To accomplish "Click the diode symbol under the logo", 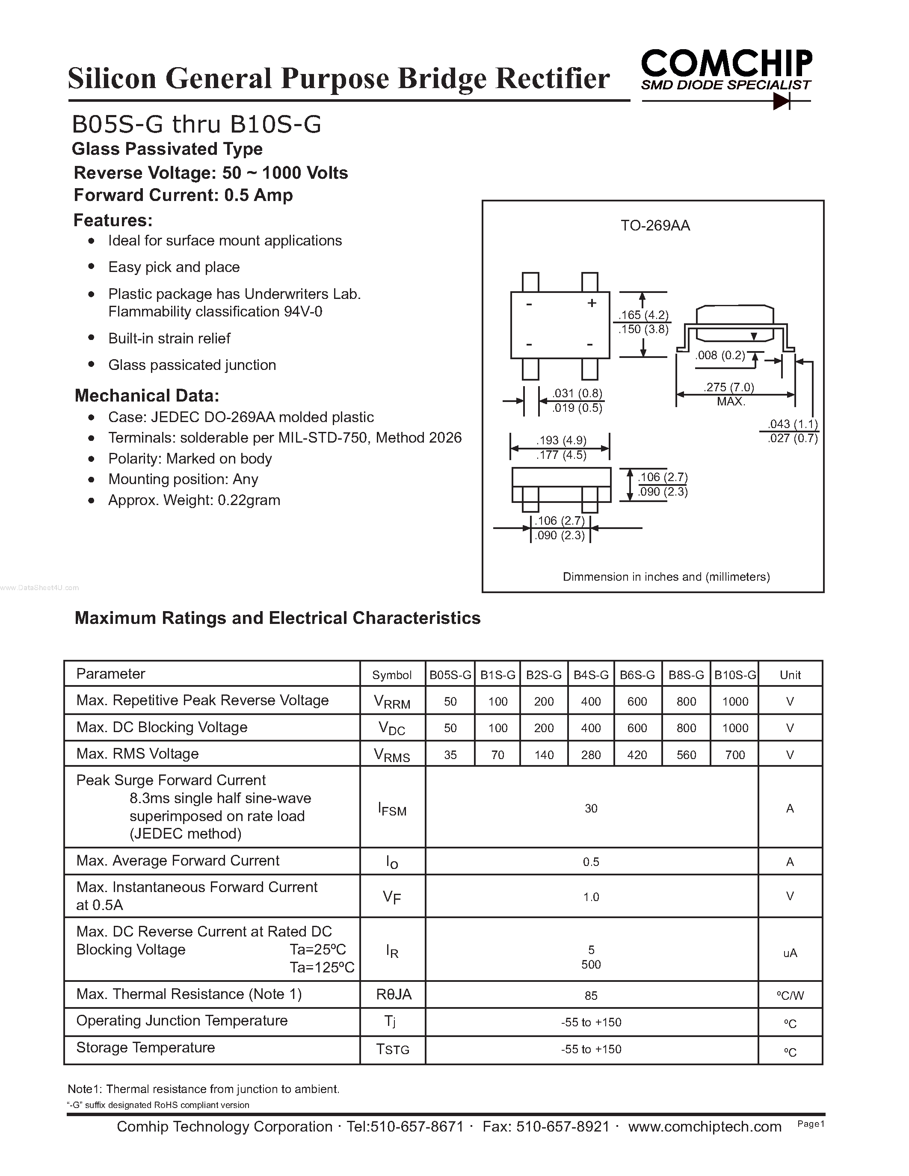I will [x=781, y=100].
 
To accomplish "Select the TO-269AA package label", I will [x=655, y=226].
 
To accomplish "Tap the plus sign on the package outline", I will [x=591, y=303].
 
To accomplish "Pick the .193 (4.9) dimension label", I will [x=561, y=440].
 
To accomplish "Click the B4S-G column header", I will [x=591, y=675].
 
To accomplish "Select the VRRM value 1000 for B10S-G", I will [x=735, y=701].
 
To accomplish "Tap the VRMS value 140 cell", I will [x=544, y=755].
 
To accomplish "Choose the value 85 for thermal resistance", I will [x=591, y=996].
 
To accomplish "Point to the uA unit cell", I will [x=790, y=953].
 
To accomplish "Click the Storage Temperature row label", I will [x=145, y=1047].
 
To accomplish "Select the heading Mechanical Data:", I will [x=146, y=396].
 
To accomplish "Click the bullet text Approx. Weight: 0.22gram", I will [x=194, y=500].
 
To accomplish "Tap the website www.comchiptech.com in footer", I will [x=705, y=1126].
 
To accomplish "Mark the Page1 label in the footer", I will [x=811, y=1124].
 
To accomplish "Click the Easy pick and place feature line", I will [x=174, y=267].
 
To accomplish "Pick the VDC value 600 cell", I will [x=637, y=728].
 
